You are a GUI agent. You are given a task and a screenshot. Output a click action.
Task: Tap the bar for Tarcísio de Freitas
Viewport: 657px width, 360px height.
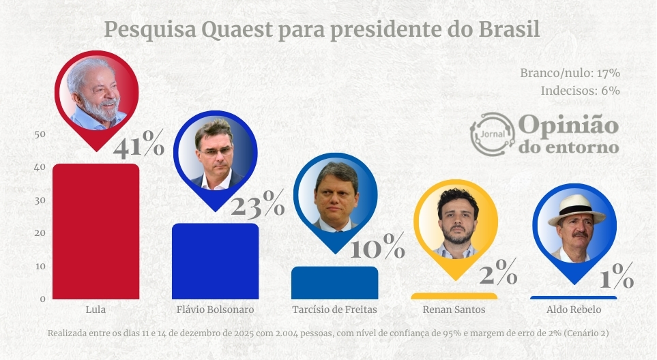[x=334, y=282]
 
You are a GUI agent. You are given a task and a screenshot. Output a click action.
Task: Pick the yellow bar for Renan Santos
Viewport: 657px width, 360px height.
[x=454, y=296]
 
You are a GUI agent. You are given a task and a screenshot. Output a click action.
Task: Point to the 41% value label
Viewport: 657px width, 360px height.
[x=138, y=147]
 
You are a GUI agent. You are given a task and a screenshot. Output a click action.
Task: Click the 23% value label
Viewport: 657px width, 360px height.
[x=257, y=204]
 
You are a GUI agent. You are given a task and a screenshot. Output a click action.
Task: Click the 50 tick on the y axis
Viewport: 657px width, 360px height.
[x=40, y=134]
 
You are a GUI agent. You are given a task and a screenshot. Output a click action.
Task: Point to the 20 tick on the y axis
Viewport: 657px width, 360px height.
[x=40, y=233]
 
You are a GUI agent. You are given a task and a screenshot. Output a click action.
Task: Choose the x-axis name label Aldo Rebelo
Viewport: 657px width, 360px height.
[x=574, y=310]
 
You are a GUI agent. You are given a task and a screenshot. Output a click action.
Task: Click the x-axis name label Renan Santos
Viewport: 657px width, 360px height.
[x=454, y=310]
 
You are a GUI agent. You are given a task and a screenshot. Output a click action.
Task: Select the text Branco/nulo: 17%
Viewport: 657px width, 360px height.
[x=570, y=73]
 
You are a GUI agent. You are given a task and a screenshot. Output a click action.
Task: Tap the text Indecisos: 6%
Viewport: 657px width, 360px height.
[x=580, y=90]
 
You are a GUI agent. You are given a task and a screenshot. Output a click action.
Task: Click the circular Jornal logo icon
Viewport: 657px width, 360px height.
[x=492, y=134]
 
